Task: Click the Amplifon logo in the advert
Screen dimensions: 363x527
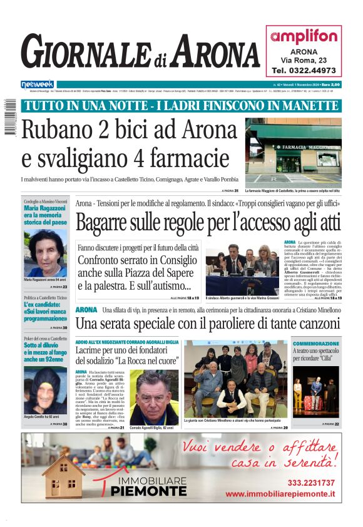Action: pos(304,37)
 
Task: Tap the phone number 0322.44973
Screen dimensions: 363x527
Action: pos(304,70)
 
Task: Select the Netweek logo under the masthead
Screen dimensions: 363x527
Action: pos(38,84)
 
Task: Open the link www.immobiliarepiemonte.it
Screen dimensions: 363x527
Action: pos(280,494)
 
